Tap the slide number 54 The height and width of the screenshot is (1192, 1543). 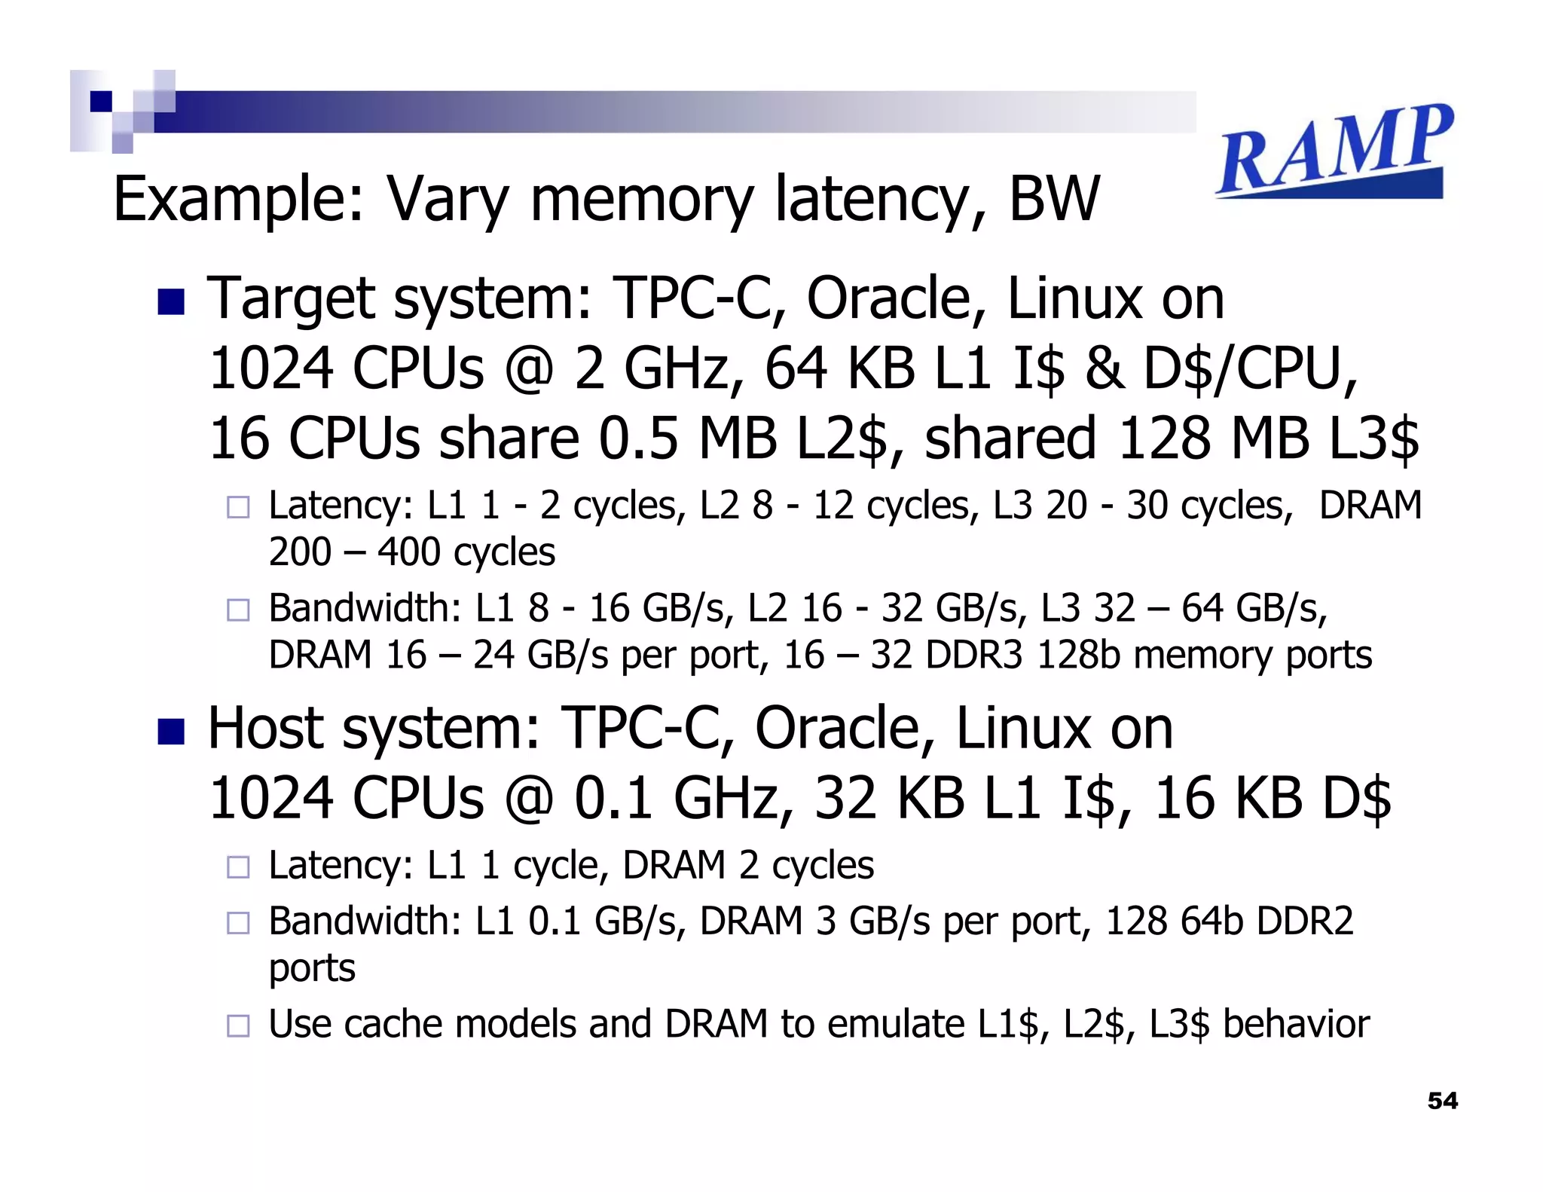coord(1442,1101)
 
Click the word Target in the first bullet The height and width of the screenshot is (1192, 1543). coord(289,299)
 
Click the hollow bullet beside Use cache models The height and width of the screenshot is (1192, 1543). coord(238,1025)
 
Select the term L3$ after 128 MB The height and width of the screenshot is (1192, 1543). coord(1373,439)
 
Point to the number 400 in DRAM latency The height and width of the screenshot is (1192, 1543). coord(408,552)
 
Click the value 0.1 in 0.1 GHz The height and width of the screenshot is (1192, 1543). coord(613,799)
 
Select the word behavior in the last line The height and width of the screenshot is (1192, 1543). coord(1296,1025)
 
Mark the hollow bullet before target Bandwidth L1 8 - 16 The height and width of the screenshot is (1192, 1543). coord(238,610)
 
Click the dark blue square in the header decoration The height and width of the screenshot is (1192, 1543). coord(101,101)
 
